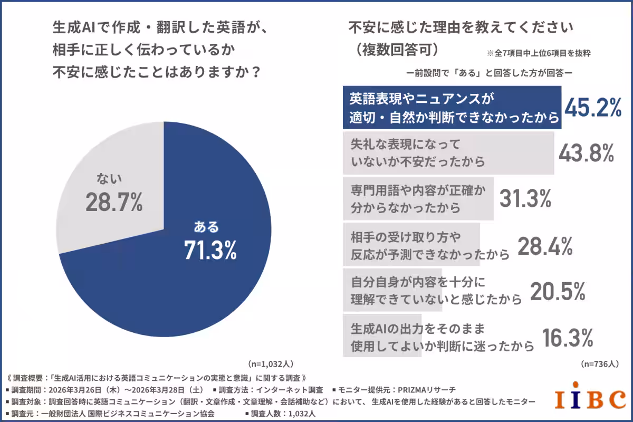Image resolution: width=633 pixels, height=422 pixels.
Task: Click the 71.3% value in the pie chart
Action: [x=210, y=250]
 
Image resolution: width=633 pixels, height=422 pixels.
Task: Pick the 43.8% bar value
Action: [x=586, y=152]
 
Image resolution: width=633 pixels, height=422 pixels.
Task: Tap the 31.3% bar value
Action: [x=525, y=199]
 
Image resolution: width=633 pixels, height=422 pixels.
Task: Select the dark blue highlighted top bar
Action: [x=452, y=108]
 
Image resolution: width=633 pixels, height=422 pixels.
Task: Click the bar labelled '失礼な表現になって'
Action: [x=448, y=153]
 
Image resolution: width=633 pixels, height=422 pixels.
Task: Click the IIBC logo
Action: [x=590, y=399]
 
